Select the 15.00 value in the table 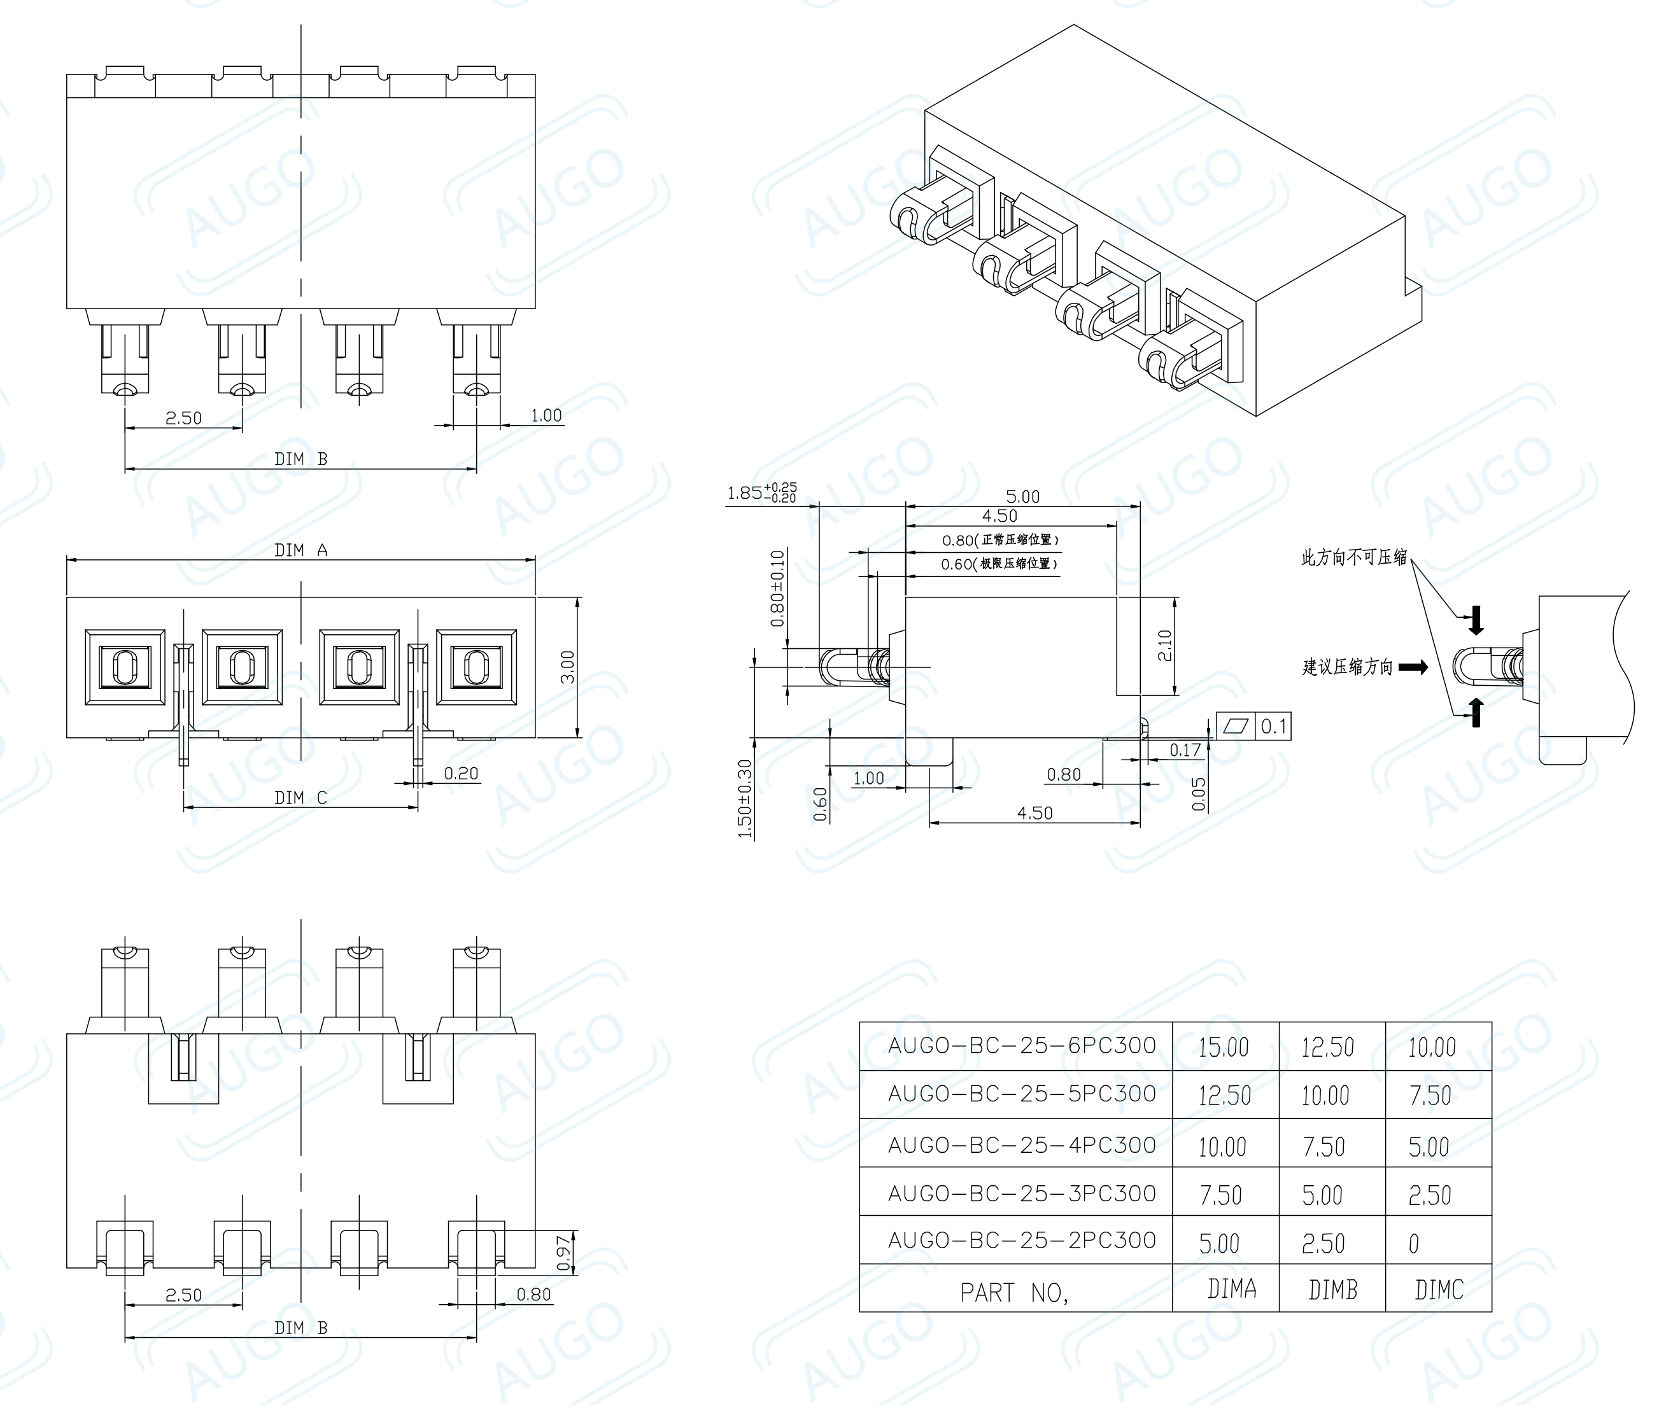pyautogui.click(x=1224, y=1047)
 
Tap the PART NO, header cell pyautogui.click(x=1013, y=1292)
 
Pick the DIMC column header pyautogui.click(x=1439, y=1290)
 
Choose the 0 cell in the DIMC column pyautogui.click(x=1414, y=1243)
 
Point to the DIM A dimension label pyautogui.click(x=300, y=550)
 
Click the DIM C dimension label pyautogui.click(x=300, y=798)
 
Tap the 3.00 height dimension pyautogui.click(x=567, y=667)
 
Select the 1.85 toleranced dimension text pyautogui.click(x=761, y=492)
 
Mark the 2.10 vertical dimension pyautogui.click(x=1165, y=646)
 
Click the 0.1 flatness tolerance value pyautogui.click(x=1273, y=726)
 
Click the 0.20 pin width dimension pyautogui.click(x=461, y=773)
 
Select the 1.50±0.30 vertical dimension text pyautogui.click(x=745, y=798)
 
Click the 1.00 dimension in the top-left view pyautogui.click(x=546, y=415)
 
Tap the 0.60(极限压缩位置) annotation pyautogui.click(x=999, y=564)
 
